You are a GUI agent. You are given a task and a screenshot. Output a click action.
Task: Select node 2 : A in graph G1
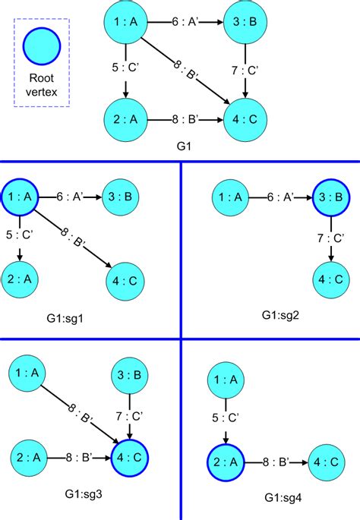coord(126,119)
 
